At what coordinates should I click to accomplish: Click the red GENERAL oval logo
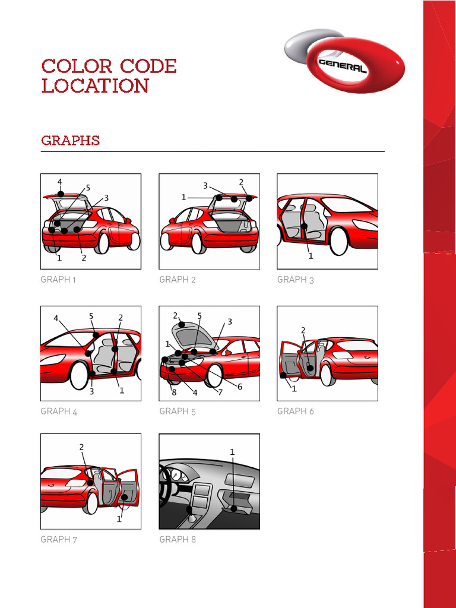[355, 65]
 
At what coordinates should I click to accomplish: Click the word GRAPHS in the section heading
[71, 140]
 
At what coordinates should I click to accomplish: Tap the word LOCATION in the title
[95, 85]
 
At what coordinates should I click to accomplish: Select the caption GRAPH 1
[58, 280]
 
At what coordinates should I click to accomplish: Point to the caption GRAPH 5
[177, 411]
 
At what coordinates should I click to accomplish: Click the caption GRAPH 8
[178, 539]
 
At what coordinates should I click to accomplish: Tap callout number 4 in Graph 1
[60, 182]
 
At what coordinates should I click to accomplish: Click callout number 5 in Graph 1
[88, 188]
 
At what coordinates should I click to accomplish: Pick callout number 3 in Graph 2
[205, 186]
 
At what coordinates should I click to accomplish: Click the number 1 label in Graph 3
[311, 256]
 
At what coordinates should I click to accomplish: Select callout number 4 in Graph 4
[56, 318]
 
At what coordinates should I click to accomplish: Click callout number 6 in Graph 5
[240, 387]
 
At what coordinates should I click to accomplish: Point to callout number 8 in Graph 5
[174, 392]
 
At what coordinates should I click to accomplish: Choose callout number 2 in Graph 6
[303, 330]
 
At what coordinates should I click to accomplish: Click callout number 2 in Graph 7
[81, 447]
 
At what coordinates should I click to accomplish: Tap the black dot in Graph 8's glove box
[233, 509]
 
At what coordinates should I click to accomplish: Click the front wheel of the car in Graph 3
[338, 242]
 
